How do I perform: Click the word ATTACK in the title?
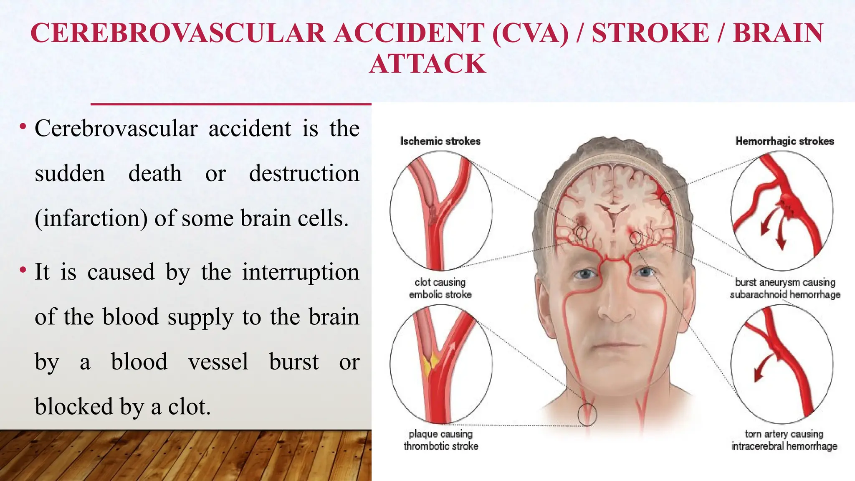[427, 63]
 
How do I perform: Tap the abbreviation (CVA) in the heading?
[530, 33]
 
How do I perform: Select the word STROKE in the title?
[650, 33]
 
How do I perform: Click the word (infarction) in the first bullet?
[91, 218]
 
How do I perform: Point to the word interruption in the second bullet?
[301, 272]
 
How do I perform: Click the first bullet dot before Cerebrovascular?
[23, 126]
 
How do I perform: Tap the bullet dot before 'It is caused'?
[23, 270]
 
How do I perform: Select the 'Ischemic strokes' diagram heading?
[440, 141]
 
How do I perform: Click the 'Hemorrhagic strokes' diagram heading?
[784, 141]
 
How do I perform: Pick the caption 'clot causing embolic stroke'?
[440, 289]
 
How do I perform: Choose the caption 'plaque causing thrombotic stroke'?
[441, 440]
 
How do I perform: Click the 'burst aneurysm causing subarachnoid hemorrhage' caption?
[785, 289]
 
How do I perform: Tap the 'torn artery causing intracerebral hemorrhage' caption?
[784, 440]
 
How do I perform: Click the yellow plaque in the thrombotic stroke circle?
[430, 362]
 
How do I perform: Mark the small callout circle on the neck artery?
[587, 414]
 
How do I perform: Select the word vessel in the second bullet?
[218, 362]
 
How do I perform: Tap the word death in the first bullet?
[155, 173]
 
